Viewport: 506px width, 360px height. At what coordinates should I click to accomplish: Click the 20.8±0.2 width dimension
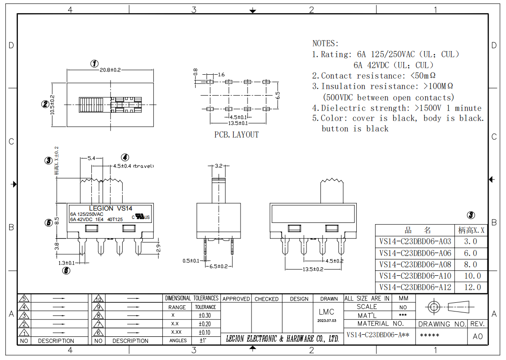pyautogui.click(x=110, y=70)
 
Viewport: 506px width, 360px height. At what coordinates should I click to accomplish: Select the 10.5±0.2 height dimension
pyautogui.click(x=52, y=105)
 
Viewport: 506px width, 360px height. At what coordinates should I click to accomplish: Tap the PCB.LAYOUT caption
pyautogui.click(x=236, y=135)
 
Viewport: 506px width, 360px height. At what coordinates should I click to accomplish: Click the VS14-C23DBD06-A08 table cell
pyautogui.click(x=415, y=264)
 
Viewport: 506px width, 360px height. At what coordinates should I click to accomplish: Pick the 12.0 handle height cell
pyautogui.click(x=472, y=287)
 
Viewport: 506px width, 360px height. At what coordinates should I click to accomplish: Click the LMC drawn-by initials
pyautogui.click(x=326, y=312)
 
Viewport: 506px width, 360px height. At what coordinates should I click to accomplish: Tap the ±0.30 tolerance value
pyautogui.click(x=205, y=315)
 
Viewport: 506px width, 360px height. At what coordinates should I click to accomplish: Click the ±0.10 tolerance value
pyautogui.click(x=205, y=332)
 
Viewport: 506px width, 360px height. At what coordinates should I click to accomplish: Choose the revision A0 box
pyautogui.click(x=478, y=336)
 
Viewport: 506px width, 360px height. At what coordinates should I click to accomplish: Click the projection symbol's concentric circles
pyautogui.click(x=433, y=306)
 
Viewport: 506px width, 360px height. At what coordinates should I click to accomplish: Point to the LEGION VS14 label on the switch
pyautogui.click(x=110, y=208)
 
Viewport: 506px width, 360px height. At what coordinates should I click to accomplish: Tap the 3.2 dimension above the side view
pyautogui.click(x=219, y=166)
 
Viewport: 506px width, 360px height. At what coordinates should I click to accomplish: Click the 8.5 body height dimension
pyautogui.click(x=57, y=221)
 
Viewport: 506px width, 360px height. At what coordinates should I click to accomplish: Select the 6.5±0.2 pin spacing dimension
pyautogui.click(x=218, y=266)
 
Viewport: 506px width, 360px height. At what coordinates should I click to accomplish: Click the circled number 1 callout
pyautogui.click(x=94, y=63)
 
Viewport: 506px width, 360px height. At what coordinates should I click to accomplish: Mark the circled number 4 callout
pyautogui.click(x=125, y=158)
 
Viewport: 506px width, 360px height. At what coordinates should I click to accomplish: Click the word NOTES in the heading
pyautogui.click(x=324, y=43)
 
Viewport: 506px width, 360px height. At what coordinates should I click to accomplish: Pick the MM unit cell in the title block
pyautogui.click(x=403, y=298)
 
